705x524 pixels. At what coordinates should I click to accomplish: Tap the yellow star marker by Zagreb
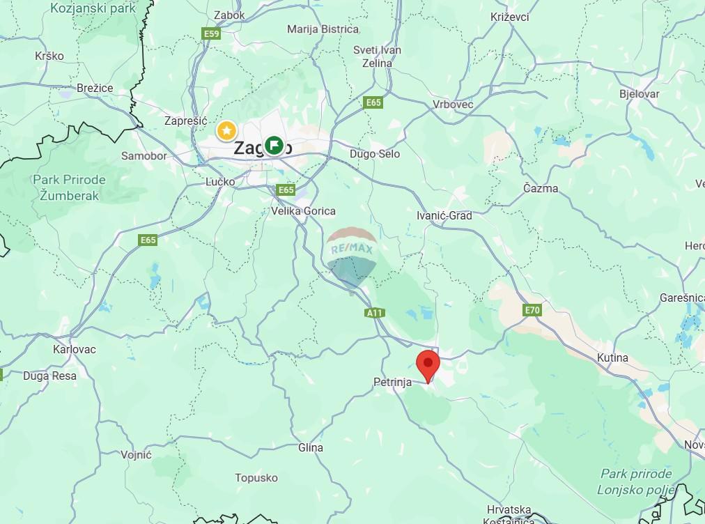pyautogui.click(x=226, y=130)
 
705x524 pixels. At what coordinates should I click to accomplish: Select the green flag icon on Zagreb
pyautogui.click(x=274, y=146)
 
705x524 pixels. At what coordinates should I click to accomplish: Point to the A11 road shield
pyautogui.click(x=375, y=313)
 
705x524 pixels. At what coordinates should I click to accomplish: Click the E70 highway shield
pyautogui.click(x=532, y=309)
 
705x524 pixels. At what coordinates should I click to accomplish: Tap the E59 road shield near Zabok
pyautogui.click(x=211, y=33)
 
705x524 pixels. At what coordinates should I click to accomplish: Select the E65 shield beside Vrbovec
pyautogui.click(x=373, y=102)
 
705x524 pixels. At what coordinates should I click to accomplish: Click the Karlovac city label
pyautogui.click(x=75, y=349)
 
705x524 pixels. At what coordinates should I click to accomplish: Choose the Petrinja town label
pyautogui.click(x=393, y=382)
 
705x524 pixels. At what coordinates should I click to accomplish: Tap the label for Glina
pyautogui.click(x=311, y=447)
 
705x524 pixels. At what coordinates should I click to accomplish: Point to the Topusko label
pyautogui.click(x=256, y=478)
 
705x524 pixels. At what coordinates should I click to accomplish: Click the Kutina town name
pyautogui.click(x=612, y=357)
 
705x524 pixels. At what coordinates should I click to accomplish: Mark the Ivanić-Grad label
pyautogui.click(x=444, y=215)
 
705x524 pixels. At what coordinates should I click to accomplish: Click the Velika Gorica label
pyautogui.click(x=304, y=211)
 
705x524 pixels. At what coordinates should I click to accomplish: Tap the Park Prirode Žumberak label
pyautogui.click(x=69, y=187)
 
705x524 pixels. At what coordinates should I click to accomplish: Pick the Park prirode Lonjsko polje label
pyautogui.click(x=635, y=481)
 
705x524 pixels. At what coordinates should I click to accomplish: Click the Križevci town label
pyautogui.click(x=509, y=17)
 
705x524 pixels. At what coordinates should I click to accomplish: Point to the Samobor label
pyautogui.click(x=144, y=155)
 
